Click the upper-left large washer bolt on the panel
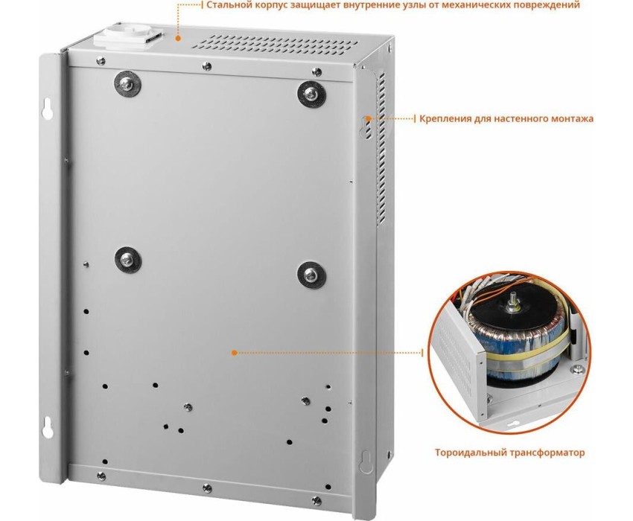pyautogui.click(x=127, y=84)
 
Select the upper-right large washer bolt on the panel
pyautogui.click(x=311, y=95)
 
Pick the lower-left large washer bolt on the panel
pyautogui.click(x=128, y=259)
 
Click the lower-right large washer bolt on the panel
pyautogui.click(x=311, y=275)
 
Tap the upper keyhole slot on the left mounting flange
pyautogui.click(x=47, y=108)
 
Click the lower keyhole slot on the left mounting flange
pyautogui.click(x=47, y=426)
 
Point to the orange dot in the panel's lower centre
pyautogui.click(x=234, y=353)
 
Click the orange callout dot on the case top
pyautogui.click(x=176, y=38)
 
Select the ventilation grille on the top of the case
pyautogui.click(x=276, y=44)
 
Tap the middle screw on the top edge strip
pyautogui.click(x=207, y=66)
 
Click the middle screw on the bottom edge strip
pyautogui.click(x=207, y=488)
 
